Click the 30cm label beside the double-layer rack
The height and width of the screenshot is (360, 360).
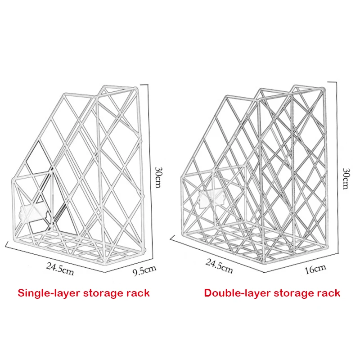346,178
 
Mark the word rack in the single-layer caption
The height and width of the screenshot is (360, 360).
138,293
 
